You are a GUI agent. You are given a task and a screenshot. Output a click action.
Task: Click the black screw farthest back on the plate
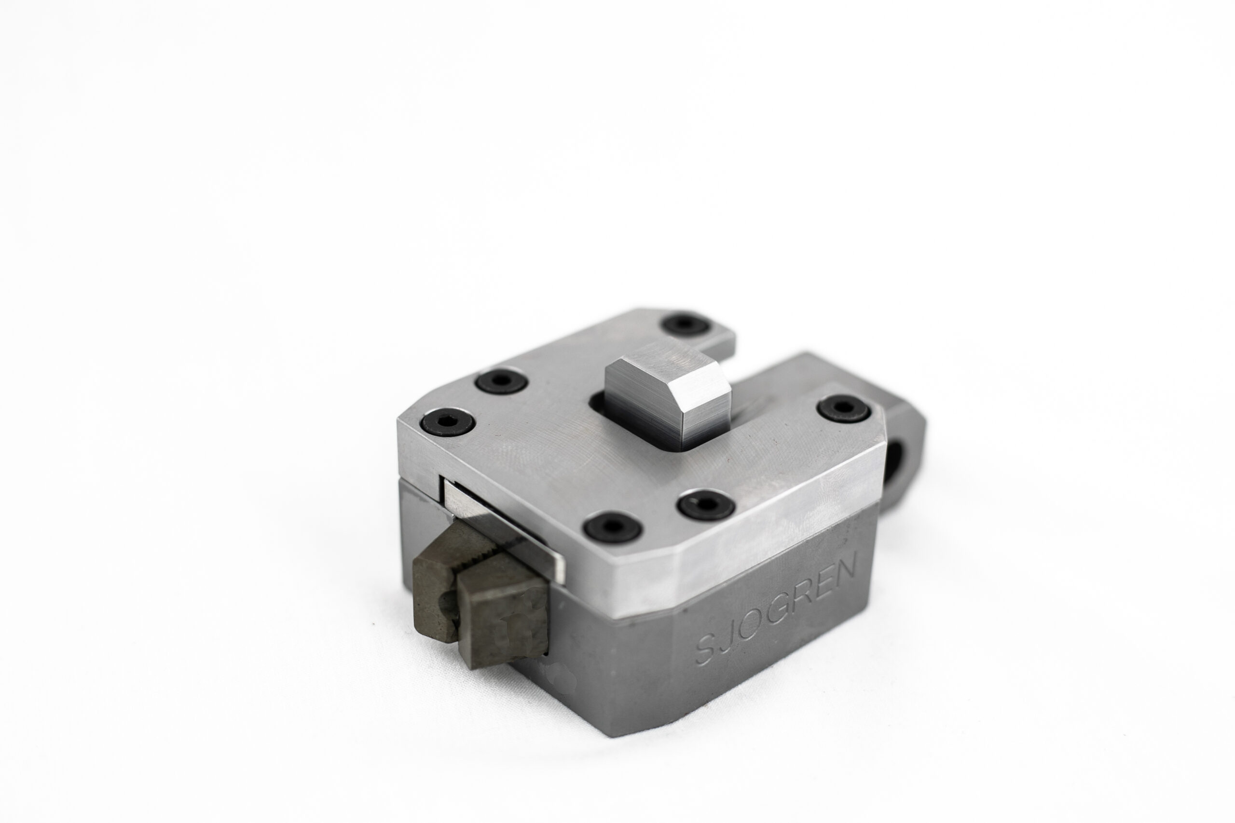click(x=686, y=324)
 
